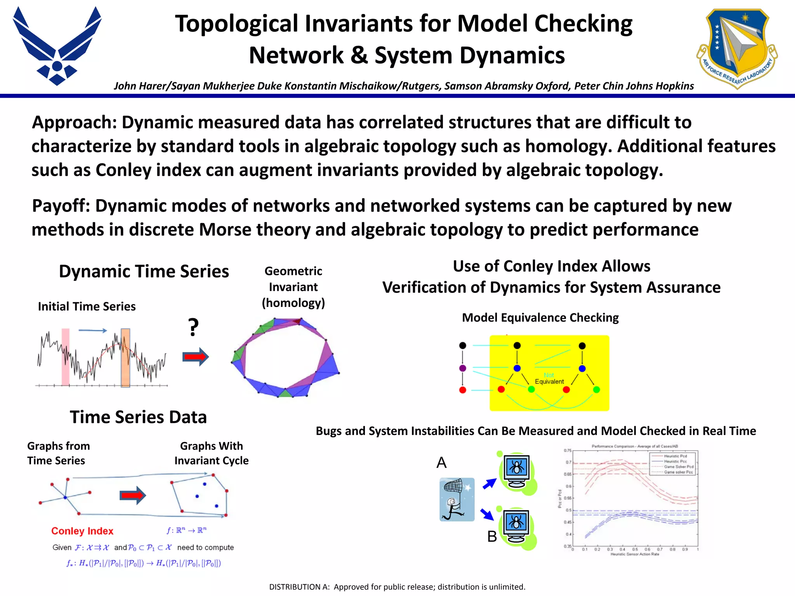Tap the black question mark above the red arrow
point(193,327)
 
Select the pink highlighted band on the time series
point(66,357)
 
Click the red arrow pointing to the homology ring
point(196,357)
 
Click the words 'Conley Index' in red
point(82,531)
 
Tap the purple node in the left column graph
point(462,368)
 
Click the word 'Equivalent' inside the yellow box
point(549,381)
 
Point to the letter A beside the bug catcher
point(441,463)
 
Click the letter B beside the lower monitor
point(492,537)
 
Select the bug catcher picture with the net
point(457,499)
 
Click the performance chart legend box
point(673,463)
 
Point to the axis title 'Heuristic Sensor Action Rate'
point(635,554)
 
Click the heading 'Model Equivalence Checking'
point(540,318)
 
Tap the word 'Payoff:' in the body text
point(61,206)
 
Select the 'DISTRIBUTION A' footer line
point(397,587)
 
